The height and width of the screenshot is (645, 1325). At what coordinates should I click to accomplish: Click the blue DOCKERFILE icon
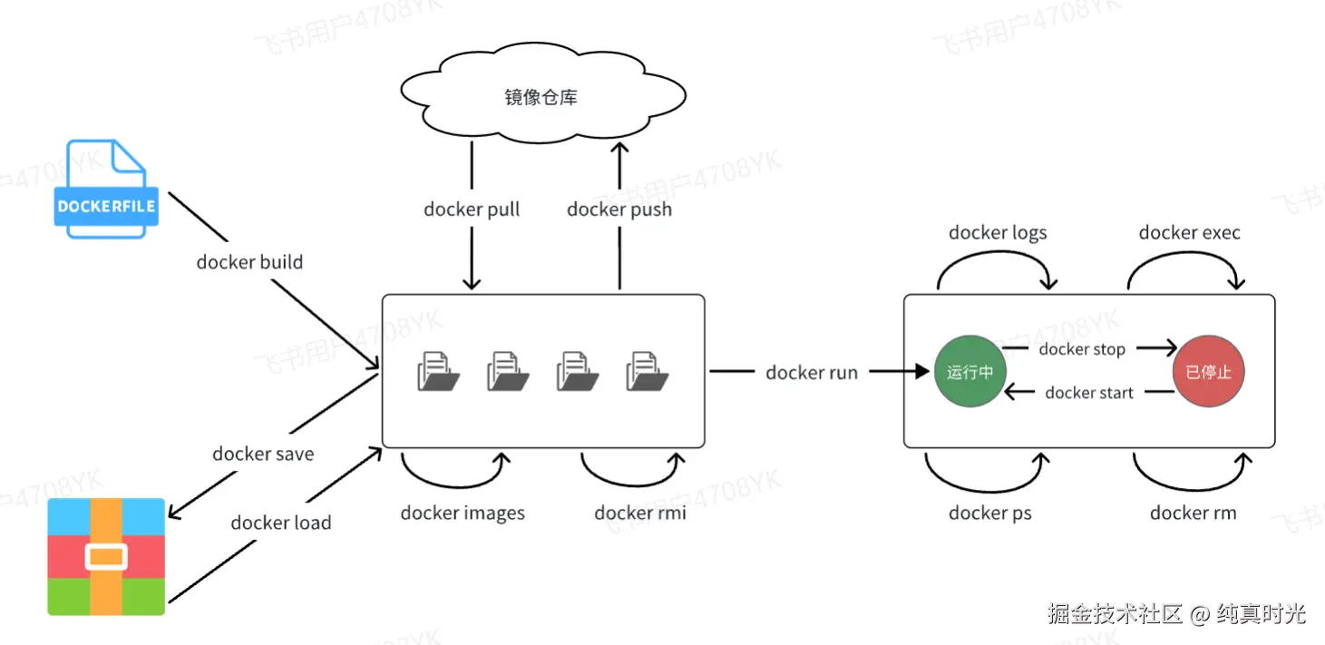coord(106,190)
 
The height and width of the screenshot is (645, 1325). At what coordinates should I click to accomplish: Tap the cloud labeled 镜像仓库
coord(541,96)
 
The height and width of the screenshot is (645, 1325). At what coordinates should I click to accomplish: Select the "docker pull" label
coord(472,210)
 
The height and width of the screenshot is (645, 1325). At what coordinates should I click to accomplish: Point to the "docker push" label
coord(619,210)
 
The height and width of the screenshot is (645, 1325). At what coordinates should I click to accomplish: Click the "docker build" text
coord(249,262)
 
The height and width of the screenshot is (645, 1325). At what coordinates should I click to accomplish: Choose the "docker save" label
coord(263,454)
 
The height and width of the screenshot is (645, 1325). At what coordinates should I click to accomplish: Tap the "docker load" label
coord(281,523)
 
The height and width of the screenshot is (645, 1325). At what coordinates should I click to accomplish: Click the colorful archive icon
coord(106,556)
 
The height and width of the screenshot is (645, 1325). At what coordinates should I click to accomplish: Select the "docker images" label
coord(463,513)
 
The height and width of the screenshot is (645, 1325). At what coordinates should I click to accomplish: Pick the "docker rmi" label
coord(640,513)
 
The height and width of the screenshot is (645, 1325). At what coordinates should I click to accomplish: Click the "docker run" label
coord(812,373)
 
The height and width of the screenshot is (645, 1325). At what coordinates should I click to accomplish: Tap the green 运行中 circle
coord(970,372)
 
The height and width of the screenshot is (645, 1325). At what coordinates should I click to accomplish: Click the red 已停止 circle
coord(1209,372)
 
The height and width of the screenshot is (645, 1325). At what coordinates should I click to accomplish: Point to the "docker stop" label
coord(1082,349)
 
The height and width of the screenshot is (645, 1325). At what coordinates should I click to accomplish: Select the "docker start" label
coord(1089,393)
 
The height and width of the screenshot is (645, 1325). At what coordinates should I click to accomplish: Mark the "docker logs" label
coord(998,233)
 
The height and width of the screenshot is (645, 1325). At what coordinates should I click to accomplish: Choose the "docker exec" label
coord(1189,233)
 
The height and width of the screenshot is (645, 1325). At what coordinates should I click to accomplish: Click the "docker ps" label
coord(990,513)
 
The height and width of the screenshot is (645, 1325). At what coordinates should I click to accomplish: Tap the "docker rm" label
coord(1193,513)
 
